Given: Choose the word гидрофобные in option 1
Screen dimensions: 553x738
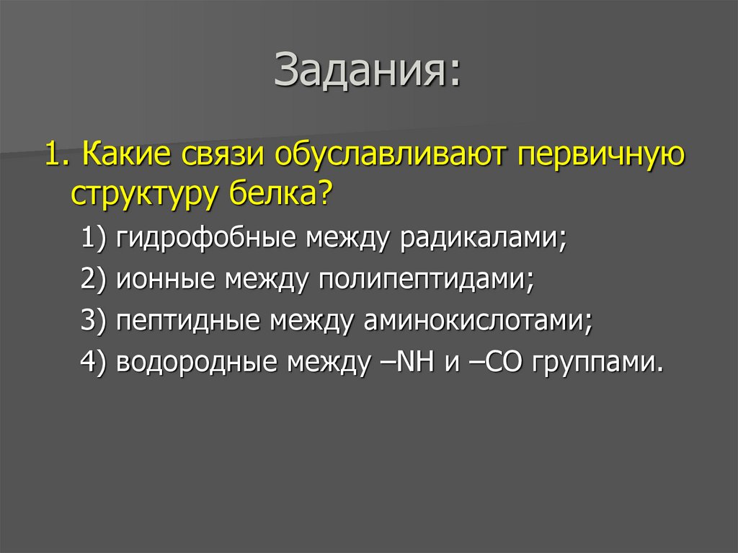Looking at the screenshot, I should click(201, 239).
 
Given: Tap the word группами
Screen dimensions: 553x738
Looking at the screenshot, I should click(596, 361).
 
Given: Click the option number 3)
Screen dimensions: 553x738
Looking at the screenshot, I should click(94, 319).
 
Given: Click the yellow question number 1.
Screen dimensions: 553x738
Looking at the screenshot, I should click(54, 156).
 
